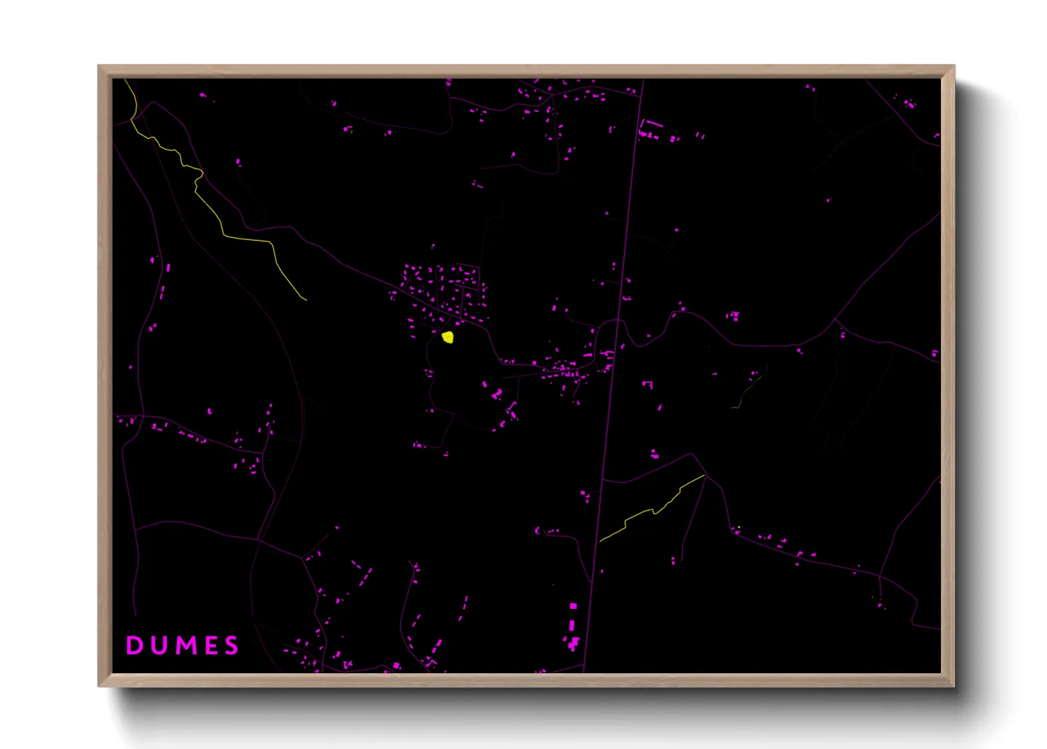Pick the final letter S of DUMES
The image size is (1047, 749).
tap(231, 645)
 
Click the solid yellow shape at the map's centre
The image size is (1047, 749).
tap(447, 337)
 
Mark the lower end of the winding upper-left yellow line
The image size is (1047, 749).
tap(306, 299)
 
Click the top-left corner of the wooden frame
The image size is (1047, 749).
tap(99, 66)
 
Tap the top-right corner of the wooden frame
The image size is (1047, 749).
tap(954, 66)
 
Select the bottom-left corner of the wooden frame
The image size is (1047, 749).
tap(99, 685)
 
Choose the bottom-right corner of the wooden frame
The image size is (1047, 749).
tap(954, 685)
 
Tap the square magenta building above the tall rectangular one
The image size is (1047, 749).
tap(573, 606)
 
